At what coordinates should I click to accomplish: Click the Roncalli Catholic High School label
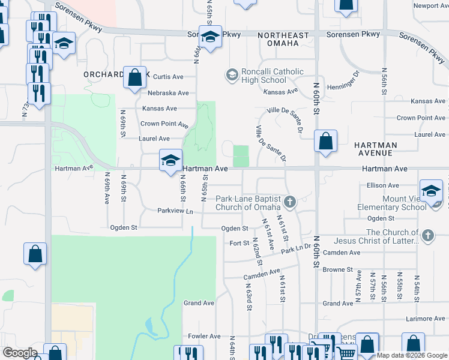[x=264, y=76]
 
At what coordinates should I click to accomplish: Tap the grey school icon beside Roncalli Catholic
[x=231, y=74]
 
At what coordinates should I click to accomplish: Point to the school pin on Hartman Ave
[x=171, y=160]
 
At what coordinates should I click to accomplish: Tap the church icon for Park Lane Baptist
[x=290, y=202]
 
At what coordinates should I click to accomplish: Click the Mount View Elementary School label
[x=396, y=202]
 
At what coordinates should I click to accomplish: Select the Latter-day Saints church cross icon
[x=427, y=235]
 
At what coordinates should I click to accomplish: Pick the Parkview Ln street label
[x=175, y=211]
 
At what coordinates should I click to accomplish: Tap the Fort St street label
[x=239, y=243]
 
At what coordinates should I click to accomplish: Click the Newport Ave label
[x=430, y=6]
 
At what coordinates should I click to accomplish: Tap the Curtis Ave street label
[x=168, y=77]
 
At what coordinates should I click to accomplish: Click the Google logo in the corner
[x=20, y=353]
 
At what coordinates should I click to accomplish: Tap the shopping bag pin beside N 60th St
[x=325, y=142]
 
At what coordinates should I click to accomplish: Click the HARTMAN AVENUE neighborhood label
[x=375, y=149]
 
